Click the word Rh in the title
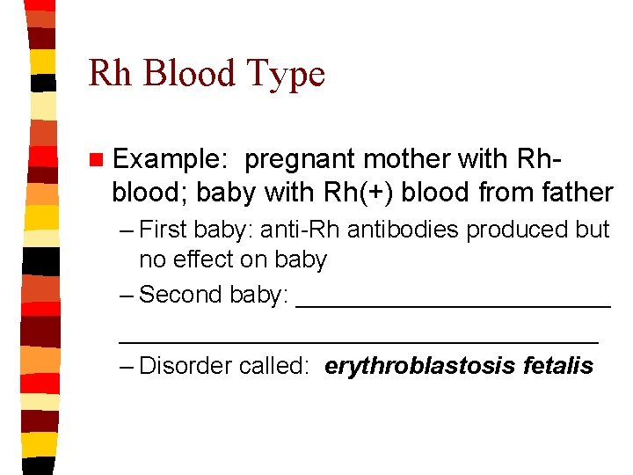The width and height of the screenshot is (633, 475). [x=109, y=74]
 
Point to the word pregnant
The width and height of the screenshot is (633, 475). [x=300, y=160]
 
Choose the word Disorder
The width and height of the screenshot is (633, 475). [x=186, y=365]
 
